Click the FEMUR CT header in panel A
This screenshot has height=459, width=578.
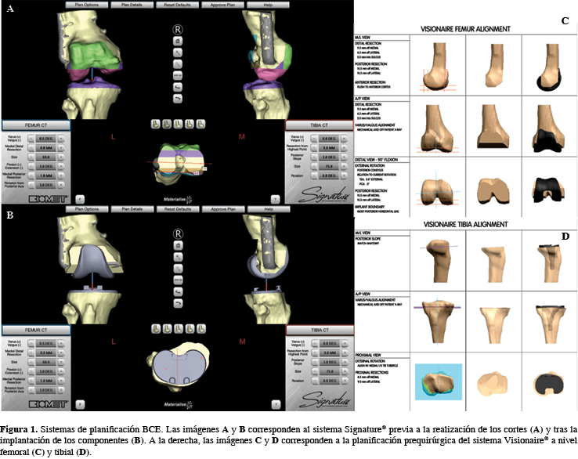[36, 124]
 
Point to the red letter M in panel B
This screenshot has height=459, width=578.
[241, 342]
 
